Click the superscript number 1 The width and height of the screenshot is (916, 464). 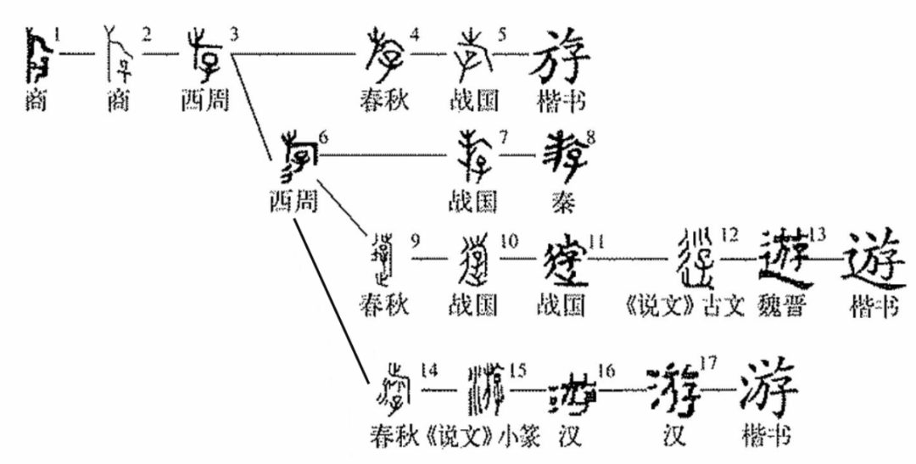coord(57,35)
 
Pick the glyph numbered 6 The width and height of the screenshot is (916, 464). coord(293,157)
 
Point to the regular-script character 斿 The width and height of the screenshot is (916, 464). coord(560,56)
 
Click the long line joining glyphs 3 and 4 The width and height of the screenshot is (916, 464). coord(297,54)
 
